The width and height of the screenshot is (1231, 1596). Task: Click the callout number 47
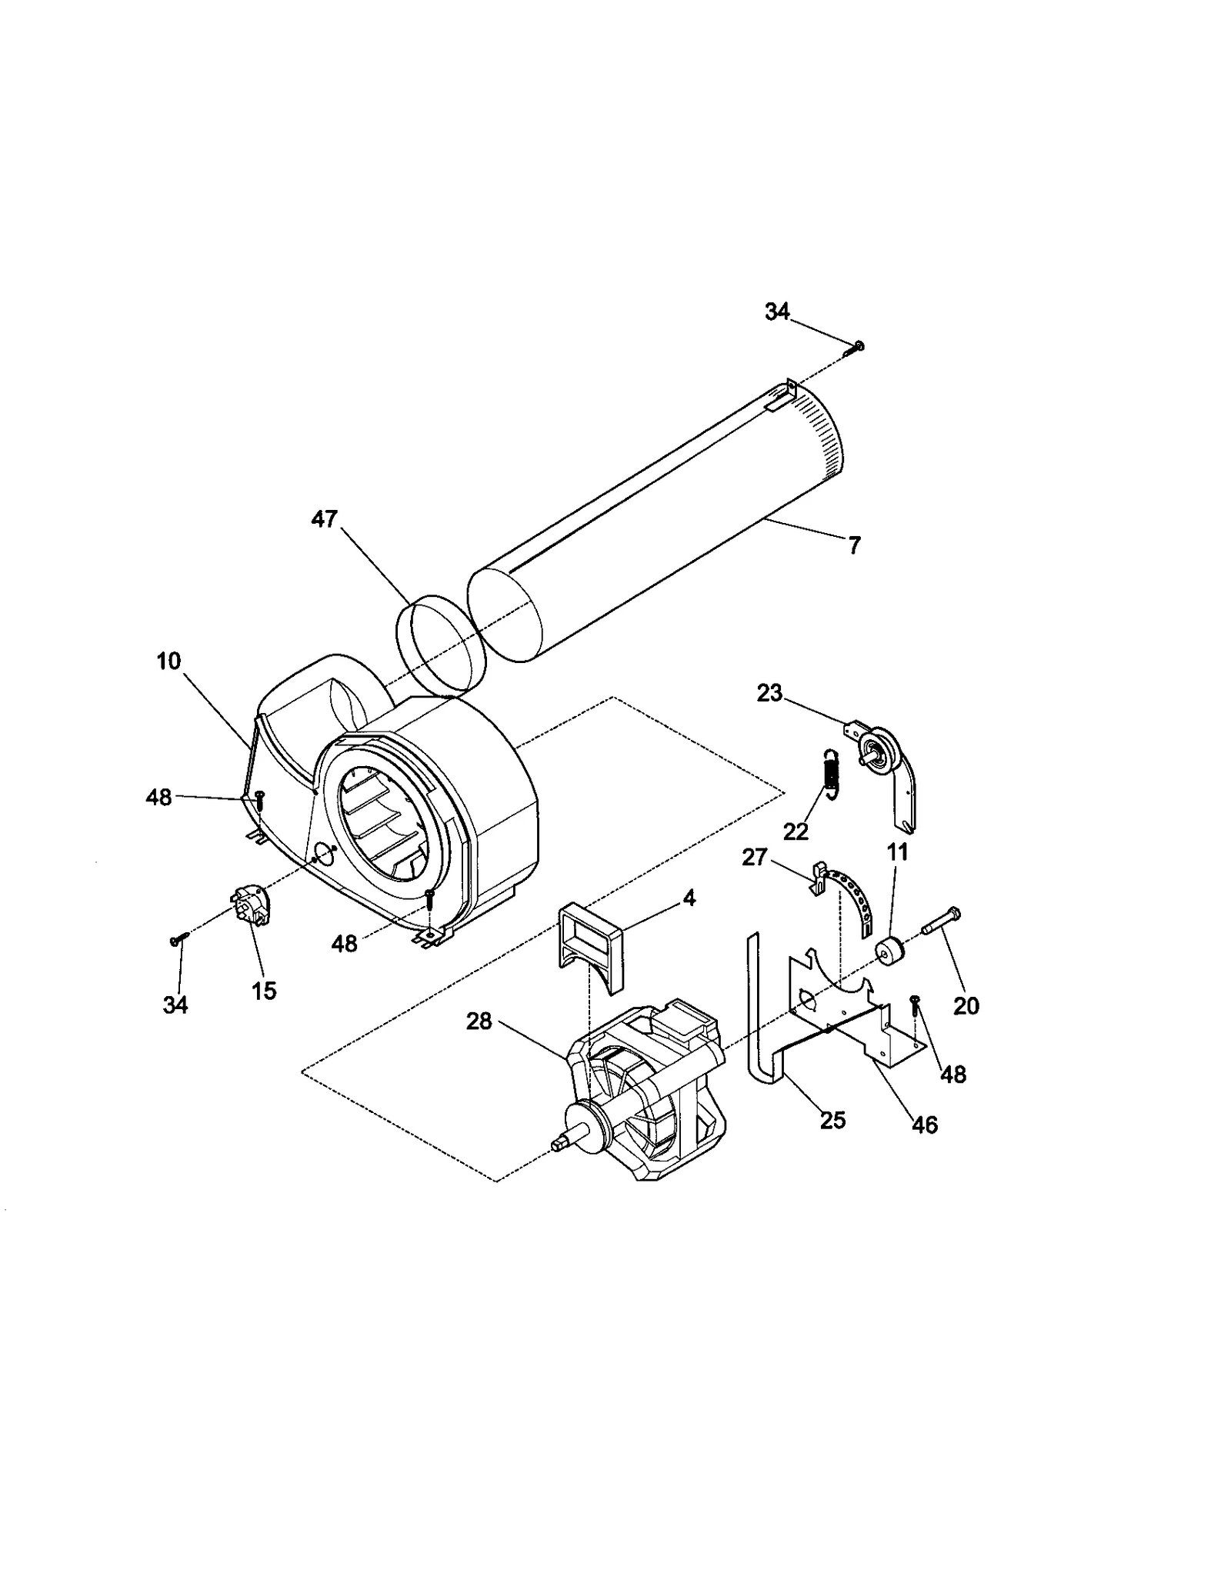(x=324, y=519)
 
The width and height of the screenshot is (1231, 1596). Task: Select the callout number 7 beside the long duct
(x=854, y=545)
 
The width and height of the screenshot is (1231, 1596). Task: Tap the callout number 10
(x=168, y=661)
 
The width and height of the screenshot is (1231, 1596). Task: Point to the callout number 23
(x=769, y=693)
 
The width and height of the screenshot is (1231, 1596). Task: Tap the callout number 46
(x=924, y=1125)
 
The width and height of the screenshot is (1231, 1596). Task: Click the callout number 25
(x=832, y=1120)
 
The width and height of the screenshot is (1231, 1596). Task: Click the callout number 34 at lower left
(x=175, y=1005)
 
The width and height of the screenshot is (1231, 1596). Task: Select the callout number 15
(x=264, y=991)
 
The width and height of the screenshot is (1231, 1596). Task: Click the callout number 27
(x=754, y=856)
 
